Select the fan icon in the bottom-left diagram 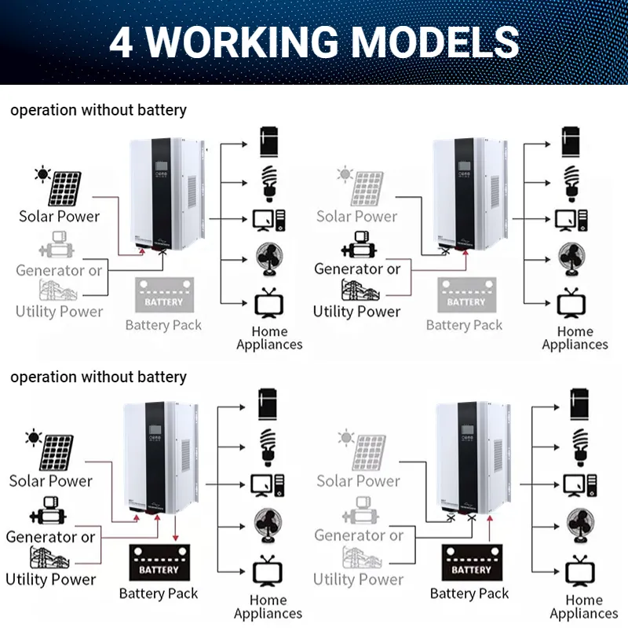pyautogui.click(x=267, y=524)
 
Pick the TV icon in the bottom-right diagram pyautogui.click(x=579, y=571)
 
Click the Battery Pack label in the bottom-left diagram pyautogui.click(x=158, y=593)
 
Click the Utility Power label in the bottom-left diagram pyautogui.click(x=50, y=579)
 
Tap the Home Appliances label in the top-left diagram pyautogui.click(x=269, y=338)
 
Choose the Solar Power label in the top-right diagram pyautogui.click(x=357, y=216)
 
